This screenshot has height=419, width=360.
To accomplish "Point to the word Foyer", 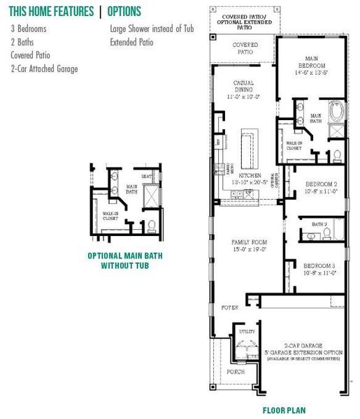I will (230, 307).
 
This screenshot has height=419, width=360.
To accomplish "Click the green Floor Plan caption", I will (284, 411).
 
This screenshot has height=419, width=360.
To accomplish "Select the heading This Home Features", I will (50, 11).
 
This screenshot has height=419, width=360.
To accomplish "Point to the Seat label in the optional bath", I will (147, 177).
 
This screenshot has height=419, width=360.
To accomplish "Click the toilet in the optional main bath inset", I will (151, 225).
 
